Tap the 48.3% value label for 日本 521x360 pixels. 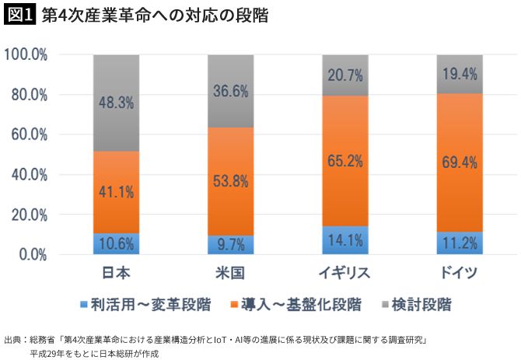tap(116, 103)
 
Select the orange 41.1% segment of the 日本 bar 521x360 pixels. tap(116, 191)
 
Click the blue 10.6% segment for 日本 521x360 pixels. tap(116, 243)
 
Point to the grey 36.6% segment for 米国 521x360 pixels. tap(231, 91)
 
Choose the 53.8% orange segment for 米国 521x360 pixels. tap(231, 181)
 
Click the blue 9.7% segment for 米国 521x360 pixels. tap(231, 244)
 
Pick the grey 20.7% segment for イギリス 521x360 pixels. tap(345, 75)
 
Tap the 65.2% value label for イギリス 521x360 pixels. tap(345, 162)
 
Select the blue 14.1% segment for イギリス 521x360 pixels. tap(345, 240)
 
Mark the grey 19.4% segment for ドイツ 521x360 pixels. tap(460, 75)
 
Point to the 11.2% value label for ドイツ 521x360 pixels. tap(460, 243)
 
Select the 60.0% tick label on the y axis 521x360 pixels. tap(30, 135)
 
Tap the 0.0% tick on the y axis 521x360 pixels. tap(33, 254)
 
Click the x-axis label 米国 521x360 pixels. tap(231, 274)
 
